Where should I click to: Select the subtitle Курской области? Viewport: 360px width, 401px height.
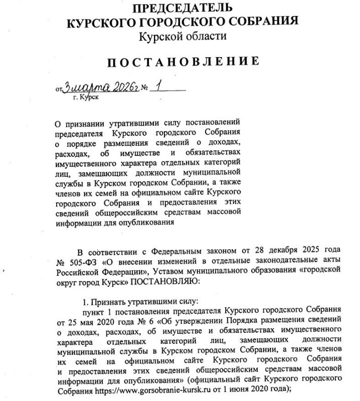(182, 36)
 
